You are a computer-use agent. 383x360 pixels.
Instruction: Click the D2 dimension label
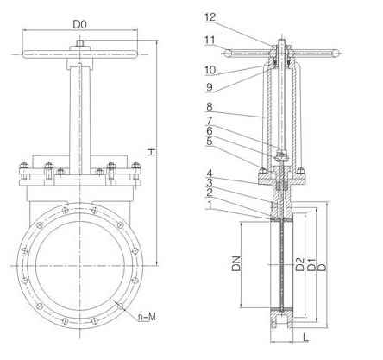click(299, 263)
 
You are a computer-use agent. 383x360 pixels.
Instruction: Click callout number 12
click(210, 16)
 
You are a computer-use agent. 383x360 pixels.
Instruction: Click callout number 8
click(210, 108)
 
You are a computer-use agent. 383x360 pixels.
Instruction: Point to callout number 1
click(210, 207)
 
